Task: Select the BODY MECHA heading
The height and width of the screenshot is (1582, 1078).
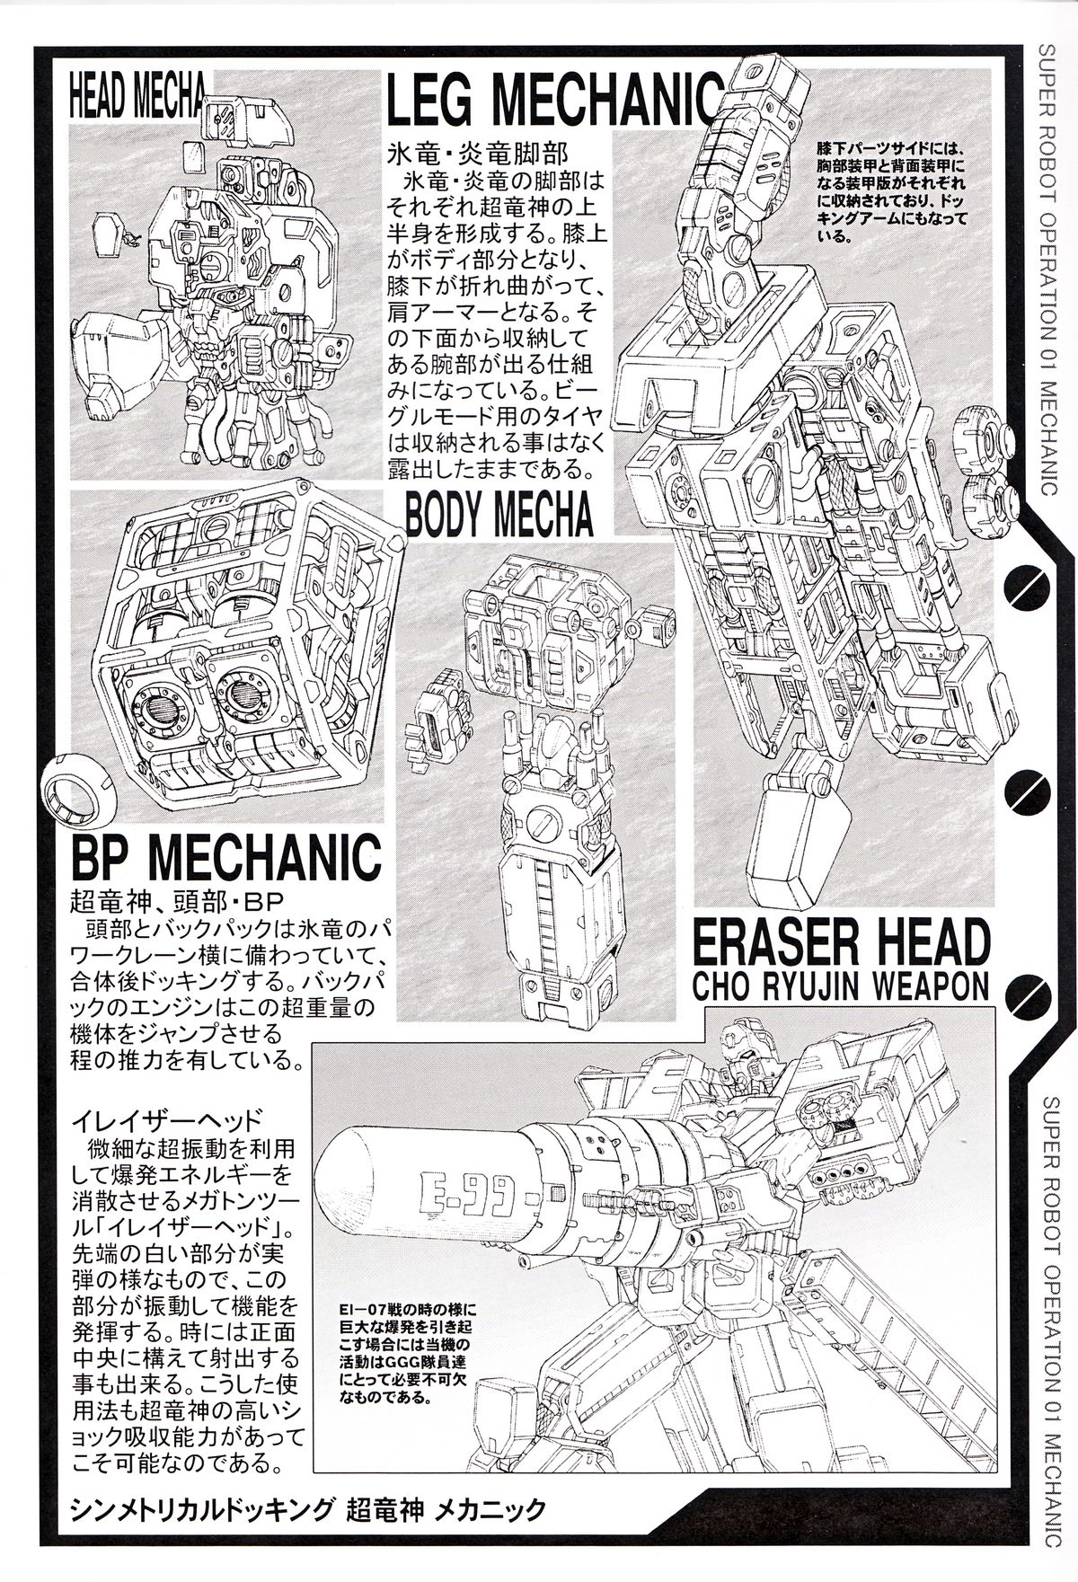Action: click(499, 516)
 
